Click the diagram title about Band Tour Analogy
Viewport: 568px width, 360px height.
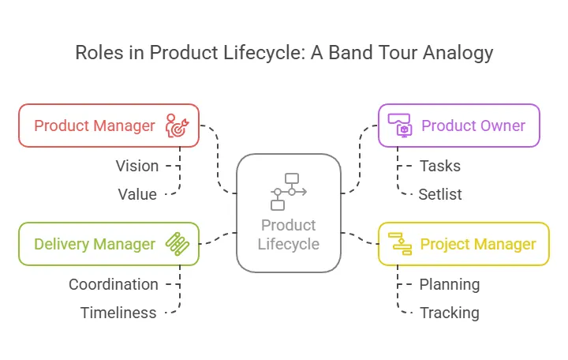point(284,53)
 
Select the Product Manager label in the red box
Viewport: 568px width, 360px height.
point(95,126)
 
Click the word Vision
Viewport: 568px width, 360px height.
point(137,166)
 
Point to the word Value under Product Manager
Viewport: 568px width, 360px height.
point(137,194)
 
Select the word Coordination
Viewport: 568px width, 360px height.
point(113,284)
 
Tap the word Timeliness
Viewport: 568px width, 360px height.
point(118,313)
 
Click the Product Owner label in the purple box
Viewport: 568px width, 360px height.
point(473,126)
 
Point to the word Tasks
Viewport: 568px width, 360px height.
point(440,166)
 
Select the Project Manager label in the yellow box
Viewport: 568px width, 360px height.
point(478,244)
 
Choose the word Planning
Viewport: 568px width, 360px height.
point(449,284)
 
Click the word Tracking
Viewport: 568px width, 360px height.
point(449,313)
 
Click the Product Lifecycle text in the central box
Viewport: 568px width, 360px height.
point(289,234)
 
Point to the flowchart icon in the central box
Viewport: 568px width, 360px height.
point(289,192)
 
